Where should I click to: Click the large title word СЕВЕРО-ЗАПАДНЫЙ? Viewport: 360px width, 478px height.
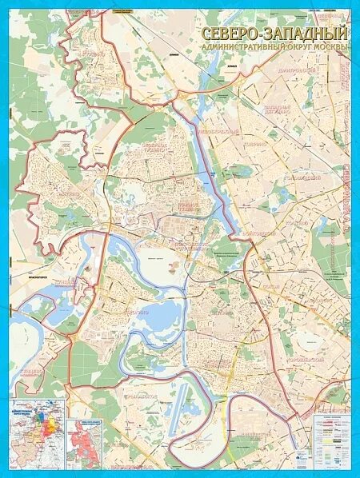pyautogui.click(x=274, y=34)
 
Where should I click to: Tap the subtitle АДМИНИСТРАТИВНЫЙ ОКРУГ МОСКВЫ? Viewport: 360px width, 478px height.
pyautogui.click(x=274, y=47)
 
